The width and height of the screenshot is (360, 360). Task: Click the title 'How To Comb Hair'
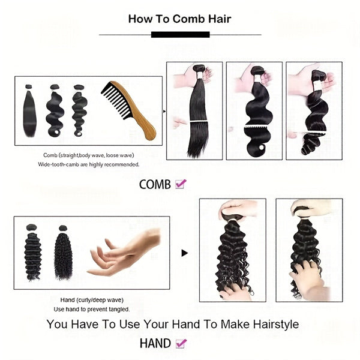[179, 19]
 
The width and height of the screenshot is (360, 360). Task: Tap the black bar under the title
[180, 34]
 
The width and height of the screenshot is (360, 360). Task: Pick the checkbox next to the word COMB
[181, 184]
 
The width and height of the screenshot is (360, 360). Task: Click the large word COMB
[155, 185]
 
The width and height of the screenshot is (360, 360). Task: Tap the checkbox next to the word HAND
[181, 344]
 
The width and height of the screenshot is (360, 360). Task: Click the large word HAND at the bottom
[155, 344]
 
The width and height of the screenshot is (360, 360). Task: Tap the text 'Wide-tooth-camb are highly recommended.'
[89, 164]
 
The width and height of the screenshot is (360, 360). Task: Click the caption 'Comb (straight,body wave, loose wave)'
[89, 155]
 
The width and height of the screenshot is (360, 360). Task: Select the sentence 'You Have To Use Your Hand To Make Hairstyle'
[173, 325]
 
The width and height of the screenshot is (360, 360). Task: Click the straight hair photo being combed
[194, 111]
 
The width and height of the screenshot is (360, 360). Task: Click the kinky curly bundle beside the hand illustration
[62, 252]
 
